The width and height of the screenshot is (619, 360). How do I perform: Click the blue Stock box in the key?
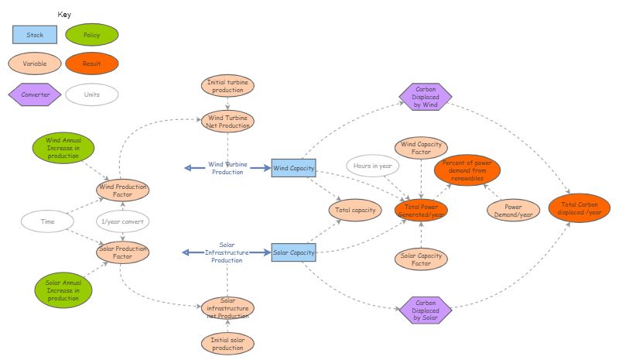tap(35, 35)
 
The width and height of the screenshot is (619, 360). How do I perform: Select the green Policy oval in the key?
tap(92, 35)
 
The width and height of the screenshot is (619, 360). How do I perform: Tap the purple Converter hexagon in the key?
tap(35, 94)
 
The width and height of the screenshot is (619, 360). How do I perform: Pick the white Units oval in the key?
tap(92, 94)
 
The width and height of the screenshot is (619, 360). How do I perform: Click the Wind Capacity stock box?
tap(294, 168)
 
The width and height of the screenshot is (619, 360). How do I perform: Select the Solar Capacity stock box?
tap(294, 252)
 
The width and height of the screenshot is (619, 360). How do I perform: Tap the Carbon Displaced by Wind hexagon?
tap(426, 98)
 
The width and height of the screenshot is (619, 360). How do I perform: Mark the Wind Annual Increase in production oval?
tap(63, 148)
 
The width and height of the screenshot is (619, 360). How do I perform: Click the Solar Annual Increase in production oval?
tap(63, 290)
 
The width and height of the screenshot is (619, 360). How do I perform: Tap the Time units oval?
tap(48, 221)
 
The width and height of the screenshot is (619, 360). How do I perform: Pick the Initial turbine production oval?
tap(227, 85)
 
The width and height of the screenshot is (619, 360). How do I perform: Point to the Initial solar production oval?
tap(227, 343)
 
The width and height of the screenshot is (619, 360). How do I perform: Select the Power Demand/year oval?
tap(513, 210)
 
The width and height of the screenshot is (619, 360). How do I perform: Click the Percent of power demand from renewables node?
tap(467, 170)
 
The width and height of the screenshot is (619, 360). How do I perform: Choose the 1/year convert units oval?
tap(122, 221)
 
